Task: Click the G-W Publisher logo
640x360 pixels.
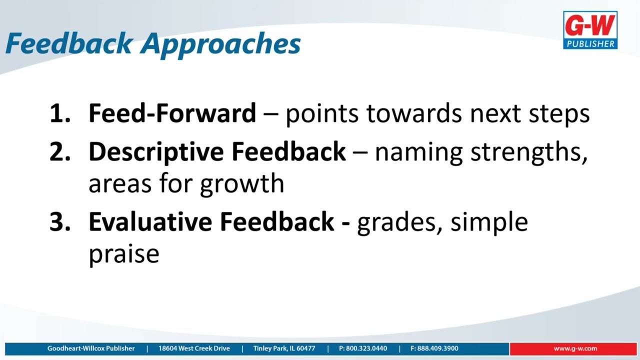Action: coord(590,30)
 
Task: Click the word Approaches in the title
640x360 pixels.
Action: coord(220,44)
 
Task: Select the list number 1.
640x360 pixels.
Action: coord(59,114)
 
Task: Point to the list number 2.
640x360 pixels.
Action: coord(59,152)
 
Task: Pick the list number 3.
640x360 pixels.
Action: coord(59,222)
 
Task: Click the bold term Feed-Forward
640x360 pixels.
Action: coord(172,113)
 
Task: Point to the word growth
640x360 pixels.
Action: coord(242,184)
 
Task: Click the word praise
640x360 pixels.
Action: coord(123,254)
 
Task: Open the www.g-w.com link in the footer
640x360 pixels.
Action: coord(575,348)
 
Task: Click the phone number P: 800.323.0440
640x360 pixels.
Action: coord(362,348)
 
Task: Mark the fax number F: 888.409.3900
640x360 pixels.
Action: coord(434,348)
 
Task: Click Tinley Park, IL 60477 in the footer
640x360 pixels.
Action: coord(284,348)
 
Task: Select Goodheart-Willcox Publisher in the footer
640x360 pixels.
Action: coord(91,348)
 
